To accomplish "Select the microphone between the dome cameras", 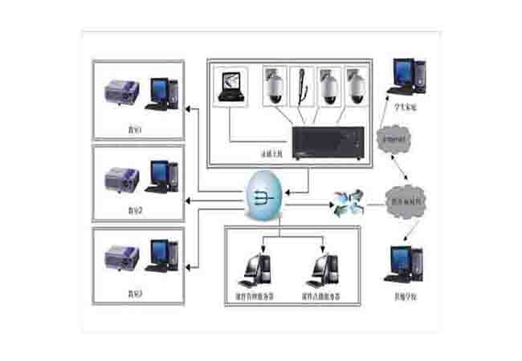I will click(303, 87).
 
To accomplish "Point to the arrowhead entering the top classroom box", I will click(190, 109).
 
